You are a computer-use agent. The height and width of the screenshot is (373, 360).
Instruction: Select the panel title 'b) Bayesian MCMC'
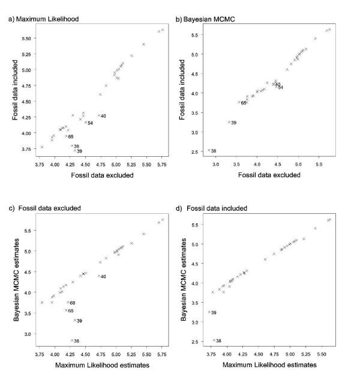pos(207,19)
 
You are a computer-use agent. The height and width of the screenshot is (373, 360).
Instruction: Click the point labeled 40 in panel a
pos(99,116)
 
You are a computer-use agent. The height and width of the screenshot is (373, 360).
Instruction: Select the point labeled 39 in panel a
pos(74,151)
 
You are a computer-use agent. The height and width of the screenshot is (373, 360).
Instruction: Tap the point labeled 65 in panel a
pos(66,136)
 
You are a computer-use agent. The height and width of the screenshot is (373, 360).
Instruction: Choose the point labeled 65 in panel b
pos(239,102)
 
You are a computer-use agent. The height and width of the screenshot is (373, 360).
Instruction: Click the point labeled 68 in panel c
pos(68,302)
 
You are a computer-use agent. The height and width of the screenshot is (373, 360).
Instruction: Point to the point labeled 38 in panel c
pos(72,341)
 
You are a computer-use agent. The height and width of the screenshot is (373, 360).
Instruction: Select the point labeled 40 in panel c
pos(99,276)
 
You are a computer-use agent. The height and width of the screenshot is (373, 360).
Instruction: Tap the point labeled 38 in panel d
pos(214,340)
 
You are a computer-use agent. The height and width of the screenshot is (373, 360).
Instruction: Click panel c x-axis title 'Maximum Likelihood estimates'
pos(100,364)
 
